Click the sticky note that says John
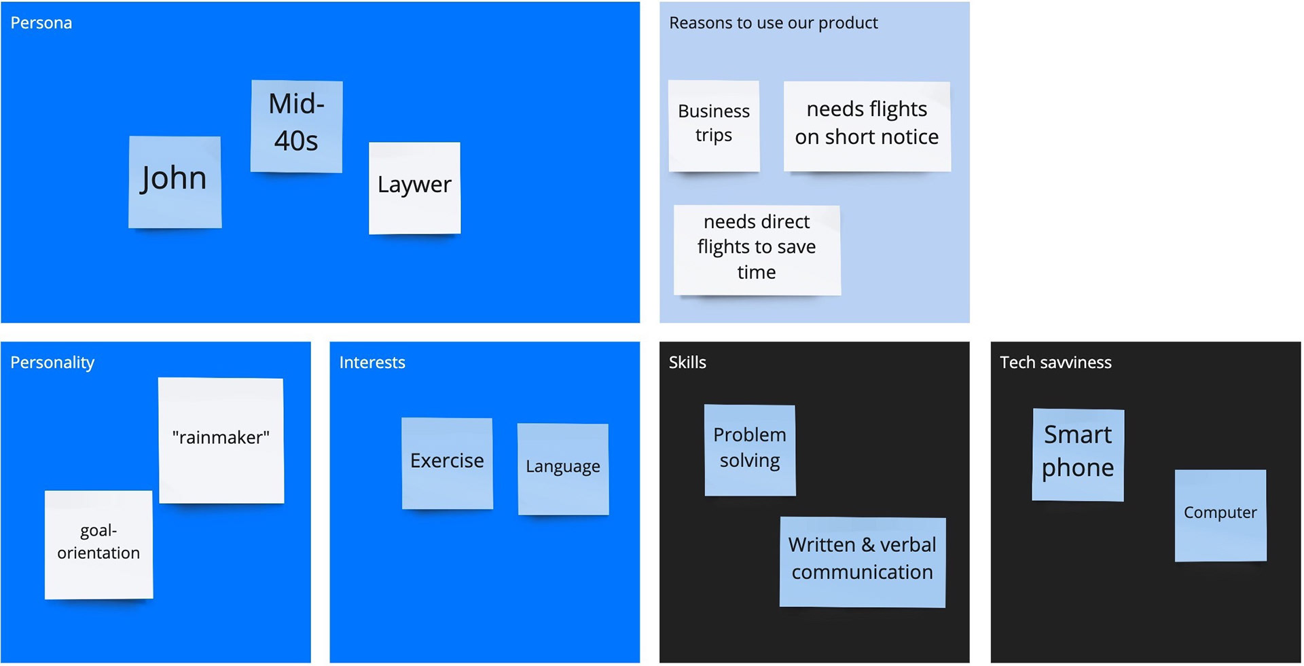tap(175, 182)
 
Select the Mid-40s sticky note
tap(296, 126)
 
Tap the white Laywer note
tap(414, 188)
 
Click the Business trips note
tap(714, 126)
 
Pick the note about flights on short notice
tap(867, 126)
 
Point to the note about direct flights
tap(757, 250)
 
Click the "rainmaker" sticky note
tap(221, 441)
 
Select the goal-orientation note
tap(98, 545)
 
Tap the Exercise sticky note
tap(447, 464)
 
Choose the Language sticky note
tap(563, 469)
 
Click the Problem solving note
tap(750, 450)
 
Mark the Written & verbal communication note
tap(863, 562)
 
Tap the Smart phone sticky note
tap(1078, 455)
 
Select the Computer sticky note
tap(1220, 515)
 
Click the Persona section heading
tap(41, 23)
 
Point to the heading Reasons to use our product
tap(774, 23)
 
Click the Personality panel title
tap(52, 363)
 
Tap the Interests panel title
tap(372, 363)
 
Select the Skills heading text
tap(687, 363)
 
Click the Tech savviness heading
tap(1055, 363)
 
